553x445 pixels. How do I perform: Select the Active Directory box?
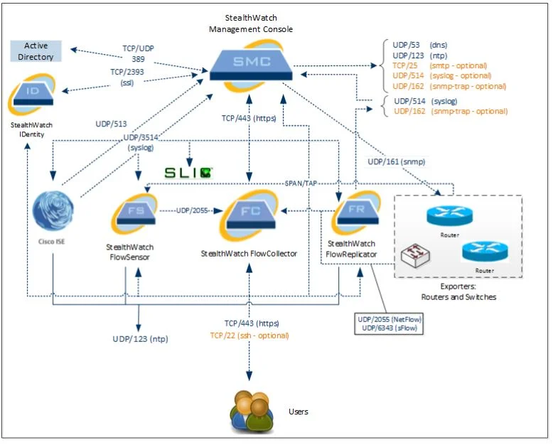(36, 51)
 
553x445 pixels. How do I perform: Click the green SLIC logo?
(188, 172)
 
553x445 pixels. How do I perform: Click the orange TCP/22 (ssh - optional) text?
(249, 336)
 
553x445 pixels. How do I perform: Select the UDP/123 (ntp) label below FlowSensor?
(140, 339)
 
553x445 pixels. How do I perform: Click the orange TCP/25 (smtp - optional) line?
(439, 65)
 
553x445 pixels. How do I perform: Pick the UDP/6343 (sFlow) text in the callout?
(390, 328)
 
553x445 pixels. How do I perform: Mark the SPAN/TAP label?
(301, 183)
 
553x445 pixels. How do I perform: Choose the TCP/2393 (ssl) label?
(127, 77)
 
